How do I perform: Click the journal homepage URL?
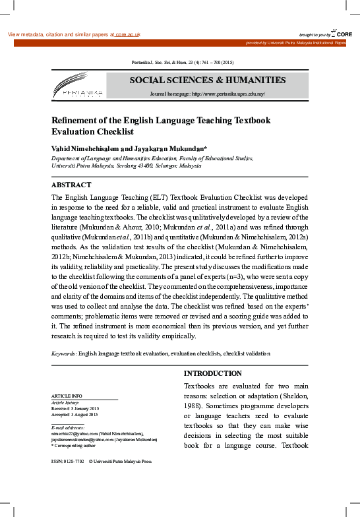pos(227,94)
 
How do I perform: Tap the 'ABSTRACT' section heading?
pos(71,185)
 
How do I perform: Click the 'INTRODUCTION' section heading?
pos(212,373)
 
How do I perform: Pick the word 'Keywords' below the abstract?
pos(63,354)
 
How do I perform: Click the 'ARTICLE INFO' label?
pos(67,396)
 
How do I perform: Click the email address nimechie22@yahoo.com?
pos(75,433)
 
